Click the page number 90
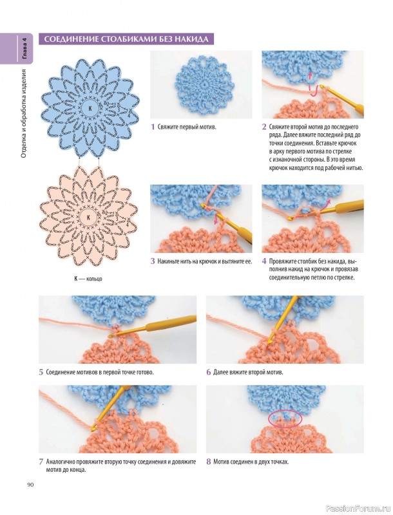coord(30,485)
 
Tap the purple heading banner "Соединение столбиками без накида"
coord(126,39)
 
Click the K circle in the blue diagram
coord(90,108)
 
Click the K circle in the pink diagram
coord(88,218)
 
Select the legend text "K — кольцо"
coord(88,279)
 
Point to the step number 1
coord(153,127)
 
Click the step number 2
coord(264,127)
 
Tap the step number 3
coord(153,261)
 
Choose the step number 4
coord(264,261)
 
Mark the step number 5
coord(41,373)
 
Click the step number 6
coord(208,373)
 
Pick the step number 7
coord(41,462)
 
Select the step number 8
coord(208,462)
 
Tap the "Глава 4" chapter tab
coord(24,48)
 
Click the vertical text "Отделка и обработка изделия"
coord(24,114)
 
